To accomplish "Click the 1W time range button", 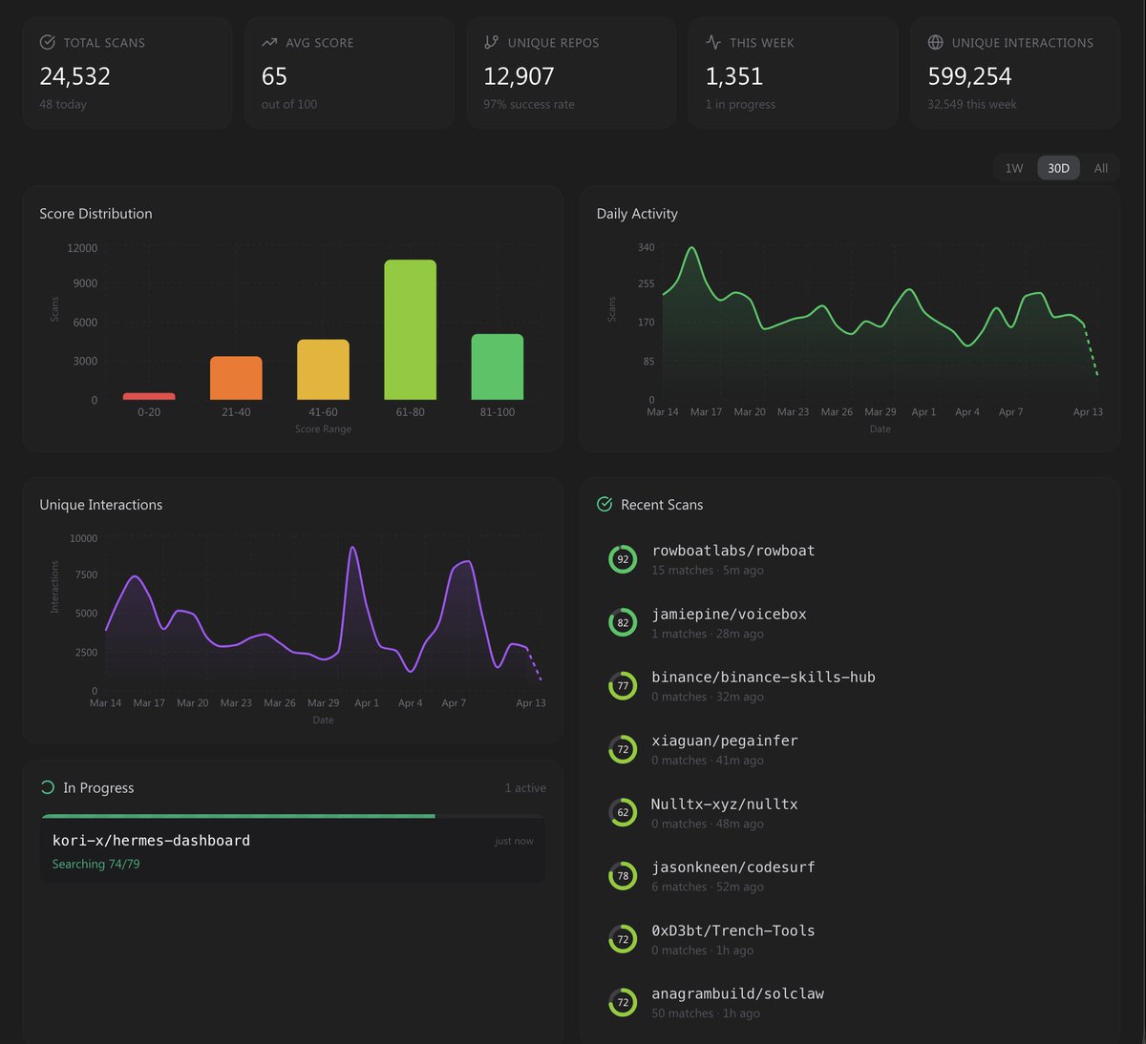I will [x=1013, y=168].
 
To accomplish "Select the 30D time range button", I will [x=1058, y=168].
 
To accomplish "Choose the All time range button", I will [x=1100, y=168].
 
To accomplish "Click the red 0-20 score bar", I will [x=149, y=396].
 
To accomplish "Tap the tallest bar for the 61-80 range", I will [x=410, y=330].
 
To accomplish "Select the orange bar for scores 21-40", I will [x=236, y=378].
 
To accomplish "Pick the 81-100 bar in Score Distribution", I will [x=497, y=367].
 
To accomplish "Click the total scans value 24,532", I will [x=75, y=76].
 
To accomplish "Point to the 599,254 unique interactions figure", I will [x=969, y=76].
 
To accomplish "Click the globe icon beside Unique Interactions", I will [x=935, y=42].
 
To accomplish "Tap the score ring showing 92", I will [x=623, y=559].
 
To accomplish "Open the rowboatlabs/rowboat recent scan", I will [x=732, y=551].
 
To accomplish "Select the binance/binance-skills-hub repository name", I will [x=763, y=678].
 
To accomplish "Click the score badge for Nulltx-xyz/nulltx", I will [x=623, y=813].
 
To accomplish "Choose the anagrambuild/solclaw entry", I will [x=737, y=993].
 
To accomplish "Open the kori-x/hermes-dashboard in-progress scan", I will [x=151, y=841].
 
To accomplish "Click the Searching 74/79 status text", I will [x=95, y=864].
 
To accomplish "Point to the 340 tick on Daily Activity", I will [x=647, y=247].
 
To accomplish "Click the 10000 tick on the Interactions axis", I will [x=83, y=538].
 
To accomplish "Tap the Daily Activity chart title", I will [x=637, y=214].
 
